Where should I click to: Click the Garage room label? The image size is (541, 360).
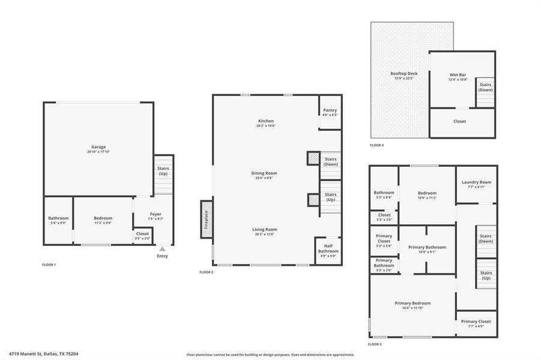pyautogui.click(x=98, y=147)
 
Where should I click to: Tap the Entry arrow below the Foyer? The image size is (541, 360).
pyautogui.click(x=162, y=249)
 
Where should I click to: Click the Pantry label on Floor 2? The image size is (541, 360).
pyautogui.click(x=330, y=110)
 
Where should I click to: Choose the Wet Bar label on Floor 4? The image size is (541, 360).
pyautogui.click(x=458, y=75)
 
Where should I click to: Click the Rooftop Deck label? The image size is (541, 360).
pyautogui.click(x=403, y=73)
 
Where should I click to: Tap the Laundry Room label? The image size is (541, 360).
pyautogui.click(x=476, y=182)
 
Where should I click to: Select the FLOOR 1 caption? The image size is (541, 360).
pyautogui.click(x=49, y=265)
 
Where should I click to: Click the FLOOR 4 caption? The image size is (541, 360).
pyautogui.click(x=376, y=145)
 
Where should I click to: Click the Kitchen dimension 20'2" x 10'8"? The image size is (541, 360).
pyautogui.click(x=265, y=126)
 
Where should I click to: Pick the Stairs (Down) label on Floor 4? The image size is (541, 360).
pyautogui.click(x=485, y=87)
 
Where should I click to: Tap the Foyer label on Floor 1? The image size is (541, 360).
pyautogui.click(x=156, y=214)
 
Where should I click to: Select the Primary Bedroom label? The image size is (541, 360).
pyautogui.click(x=412, y=303)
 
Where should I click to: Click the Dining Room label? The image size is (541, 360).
pyautogui.click(x=264, y=173)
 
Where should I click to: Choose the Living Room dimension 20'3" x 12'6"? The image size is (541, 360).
pyautogui.click(x=264, y=234)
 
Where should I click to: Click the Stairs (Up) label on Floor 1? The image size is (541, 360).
pyautogui.click(x=163, y=171)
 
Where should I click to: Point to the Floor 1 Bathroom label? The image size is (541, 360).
pyautogui.click(x=58, y=218)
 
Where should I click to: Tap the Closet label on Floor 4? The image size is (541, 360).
pyautogui.click(x=459, y=121)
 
